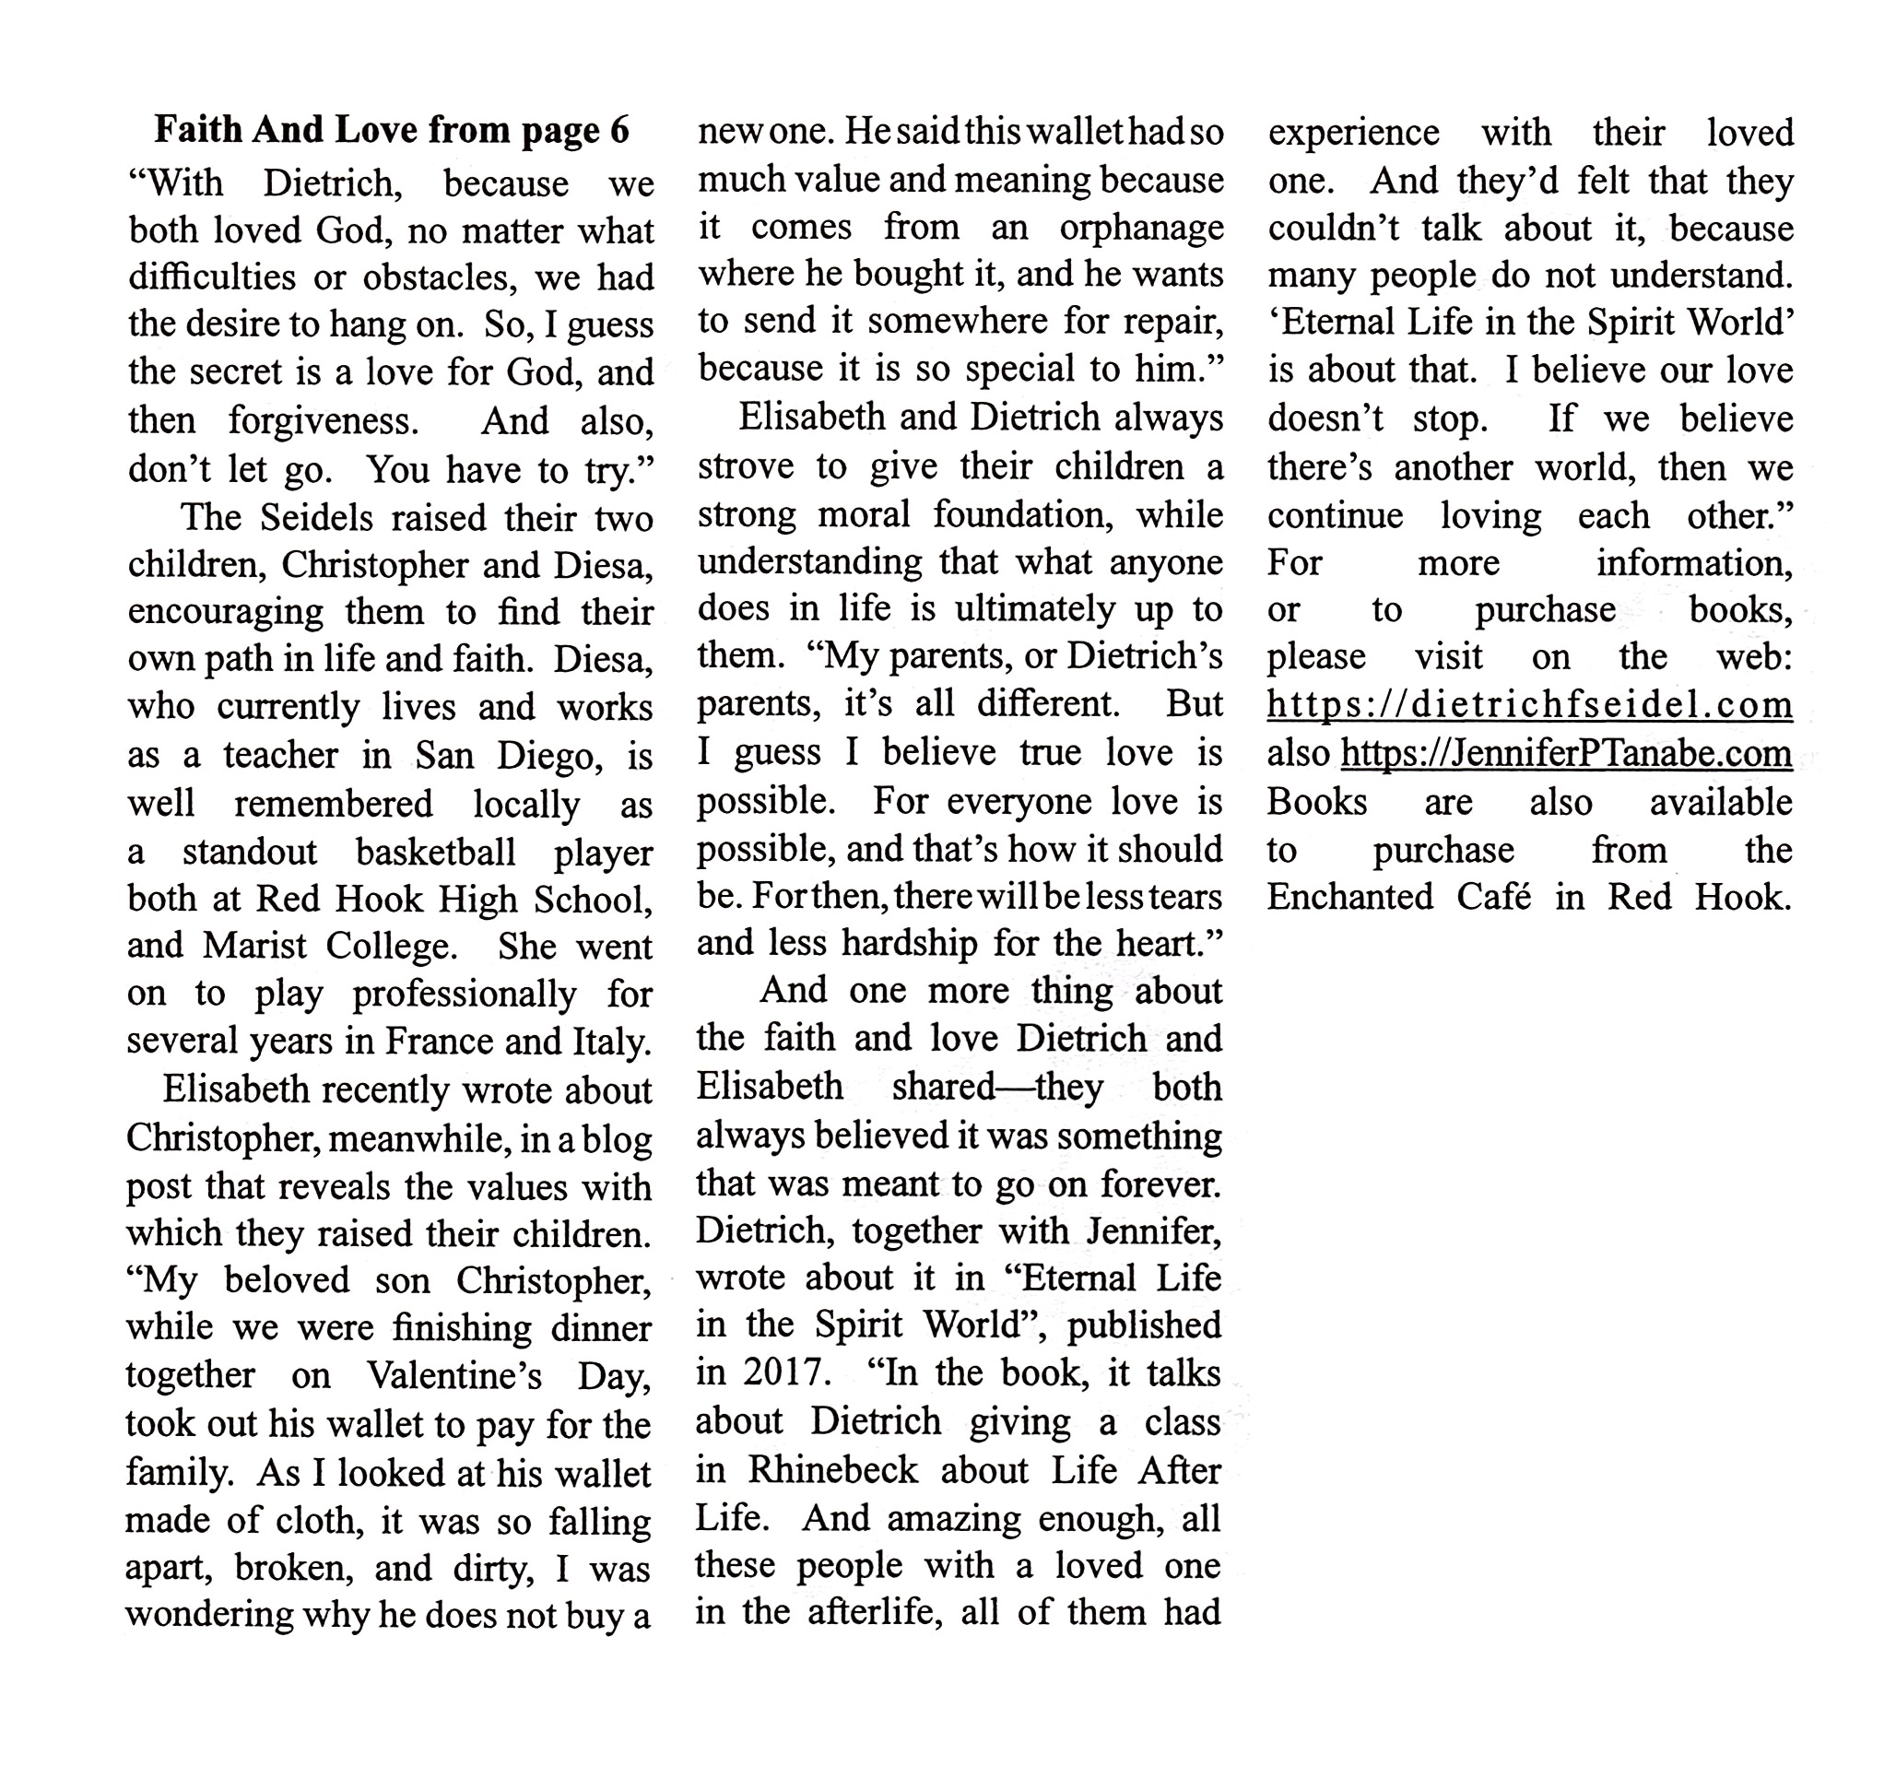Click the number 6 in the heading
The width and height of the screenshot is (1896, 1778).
(618, 130)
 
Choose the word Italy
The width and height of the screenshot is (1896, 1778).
(610, 1041)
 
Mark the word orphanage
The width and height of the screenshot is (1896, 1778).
(1141, 227)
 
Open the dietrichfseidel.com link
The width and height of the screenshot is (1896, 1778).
(1530, 705)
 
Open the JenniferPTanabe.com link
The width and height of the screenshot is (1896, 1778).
(1566, 754)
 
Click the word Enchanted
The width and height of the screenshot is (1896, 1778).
(1349, 897)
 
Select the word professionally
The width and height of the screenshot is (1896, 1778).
(464, 995)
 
